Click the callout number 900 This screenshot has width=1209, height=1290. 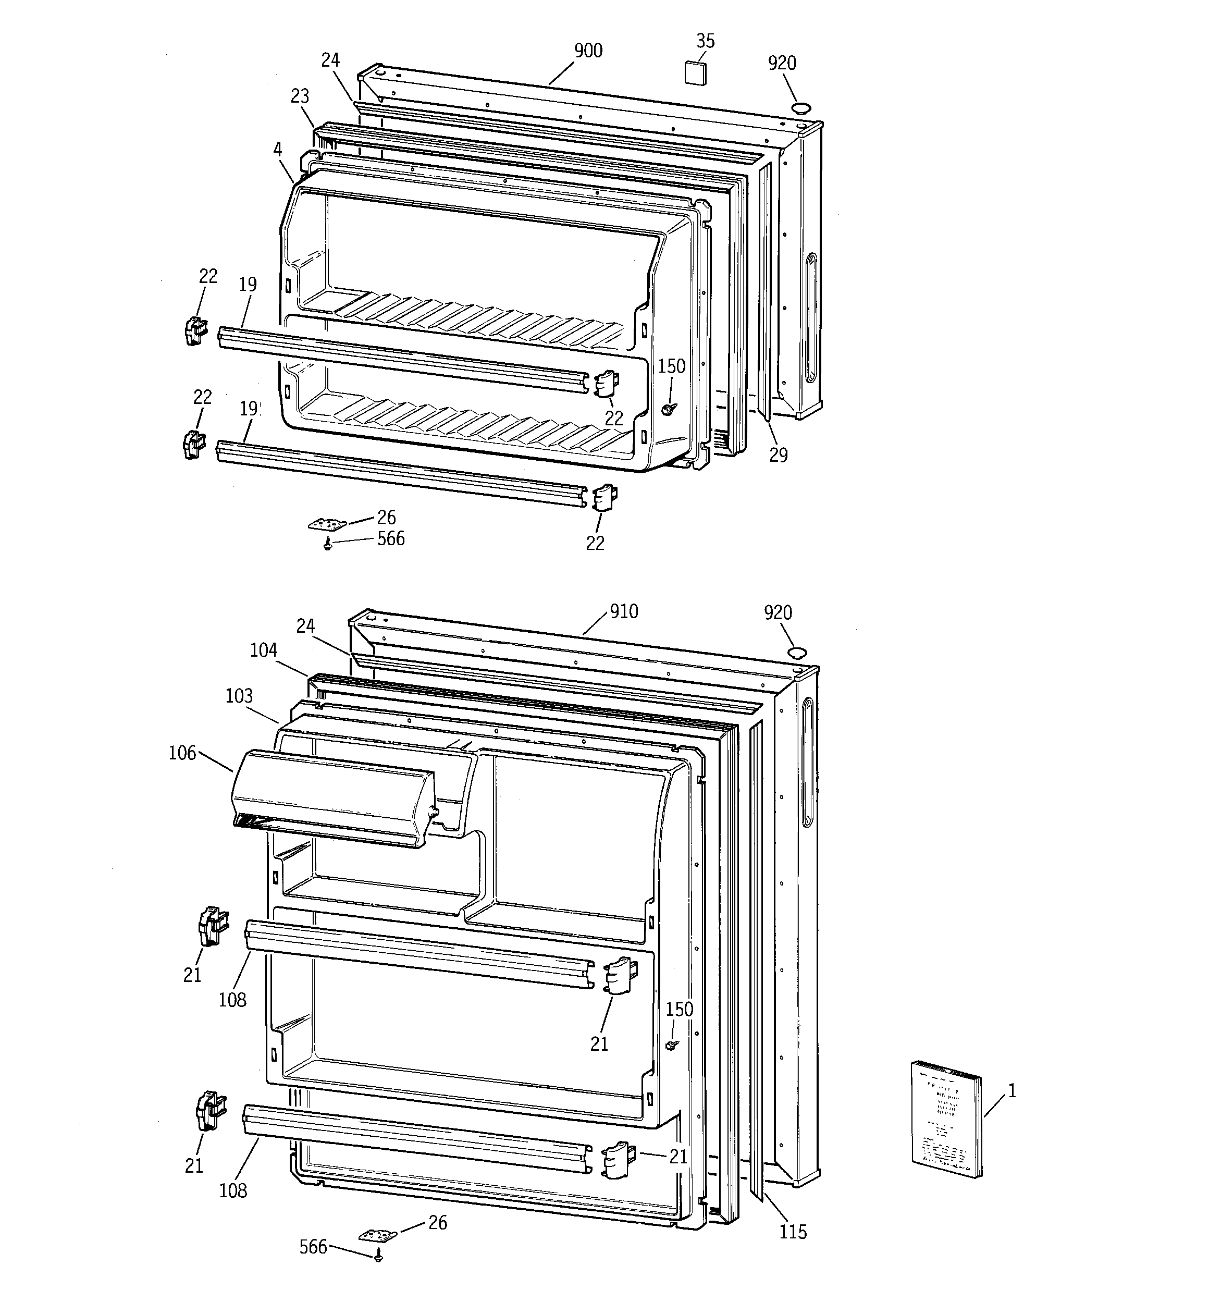point(588,51)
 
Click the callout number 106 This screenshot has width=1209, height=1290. point(182,753)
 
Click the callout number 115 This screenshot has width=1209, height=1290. point(793,1231)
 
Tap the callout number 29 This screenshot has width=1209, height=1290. point(778,455)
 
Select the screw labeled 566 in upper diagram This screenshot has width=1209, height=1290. point(328,546)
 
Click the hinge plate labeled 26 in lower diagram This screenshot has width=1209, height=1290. point(377,1235)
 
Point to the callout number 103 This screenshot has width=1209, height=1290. point(239,696)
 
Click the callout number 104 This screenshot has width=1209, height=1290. point(264,650)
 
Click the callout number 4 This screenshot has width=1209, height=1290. point(278,150)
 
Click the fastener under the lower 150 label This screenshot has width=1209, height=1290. point(672,1044)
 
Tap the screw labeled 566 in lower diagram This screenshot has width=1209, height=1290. point(379,1257)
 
